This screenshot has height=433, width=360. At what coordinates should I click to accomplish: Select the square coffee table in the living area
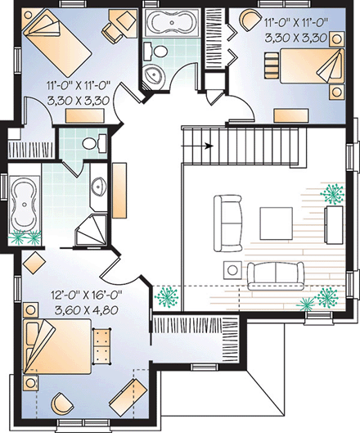click(277, 221)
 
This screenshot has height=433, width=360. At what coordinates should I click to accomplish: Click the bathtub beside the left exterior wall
click(25, 203)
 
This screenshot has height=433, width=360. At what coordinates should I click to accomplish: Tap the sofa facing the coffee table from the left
click(227, 221)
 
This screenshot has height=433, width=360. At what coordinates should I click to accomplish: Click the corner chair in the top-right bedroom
click(247, 20)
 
